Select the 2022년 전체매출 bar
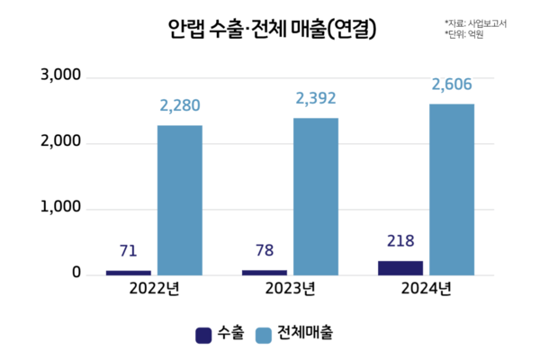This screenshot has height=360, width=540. [x=180, y=200]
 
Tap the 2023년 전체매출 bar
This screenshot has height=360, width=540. [x=316, y=196]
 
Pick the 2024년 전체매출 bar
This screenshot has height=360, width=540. [x=452, y=189]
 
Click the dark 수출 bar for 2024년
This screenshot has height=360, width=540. [x=400, y=267]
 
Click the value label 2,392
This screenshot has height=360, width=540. [x=316, y=99]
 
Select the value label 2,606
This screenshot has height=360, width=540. [x=452, y=85]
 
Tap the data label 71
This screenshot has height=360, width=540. [x=128, y=250]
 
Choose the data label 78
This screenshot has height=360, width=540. [x=264, y=250]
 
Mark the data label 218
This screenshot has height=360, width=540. [x=400, y=240]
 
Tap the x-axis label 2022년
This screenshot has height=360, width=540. [x=154, y=289]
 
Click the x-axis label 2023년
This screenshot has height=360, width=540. [x=290, y=289]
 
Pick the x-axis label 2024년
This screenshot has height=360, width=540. [x=427, y=289]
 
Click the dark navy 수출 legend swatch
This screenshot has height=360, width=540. [x=203, y=335]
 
